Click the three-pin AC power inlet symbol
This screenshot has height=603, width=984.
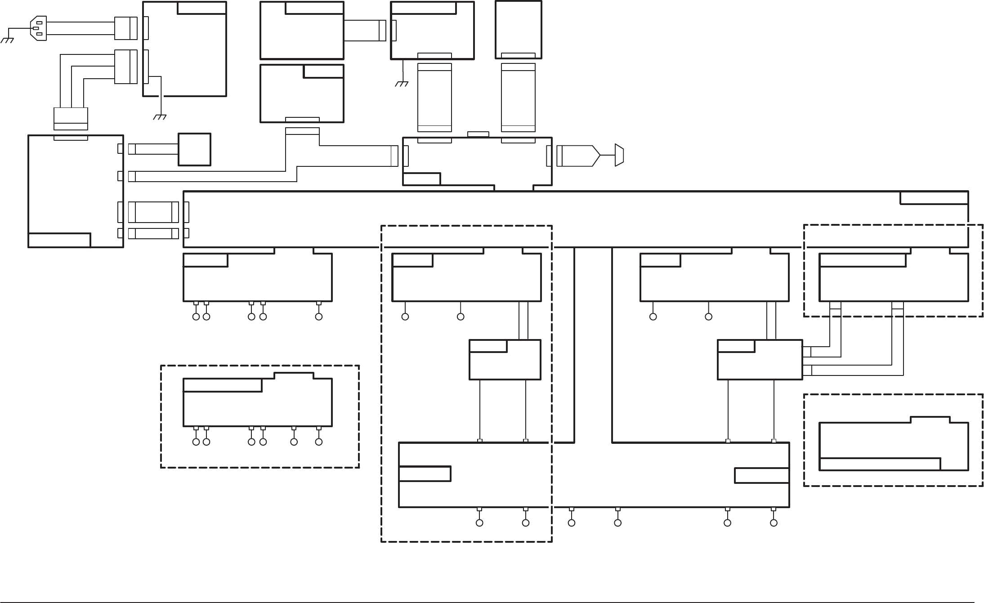click(x=38, y=28)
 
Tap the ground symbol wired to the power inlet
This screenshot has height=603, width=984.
click(x=8, y=40)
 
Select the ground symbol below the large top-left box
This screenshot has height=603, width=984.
click(x=160, y=117)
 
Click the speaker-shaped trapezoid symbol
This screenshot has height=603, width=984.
click(x=619, y=156)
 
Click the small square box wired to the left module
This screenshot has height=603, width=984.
click(x=194, y=149)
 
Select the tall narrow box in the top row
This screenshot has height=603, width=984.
click(x=518, y=30)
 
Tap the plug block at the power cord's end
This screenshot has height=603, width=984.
click(x=125, y=28)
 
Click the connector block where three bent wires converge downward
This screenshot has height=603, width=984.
click(x=71, y=119)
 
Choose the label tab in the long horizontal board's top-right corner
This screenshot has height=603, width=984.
click(x=934, y=197)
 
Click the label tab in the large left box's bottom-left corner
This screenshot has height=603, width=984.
click(x=59, y=240)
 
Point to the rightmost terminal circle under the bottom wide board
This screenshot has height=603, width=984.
click(x=774, y=523)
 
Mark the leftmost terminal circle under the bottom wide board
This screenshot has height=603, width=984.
click(x=479, y=523)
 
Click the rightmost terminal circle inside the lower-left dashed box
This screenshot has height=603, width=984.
click(x=319, y=442)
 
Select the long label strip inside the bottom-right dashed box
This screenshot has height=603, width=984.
click(x=880, y=464)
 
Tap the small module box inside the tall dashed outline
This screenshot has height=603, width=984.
click(x=505, y=360)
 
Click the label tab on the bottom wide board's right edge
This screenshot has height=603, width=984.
click(x=762, y=475)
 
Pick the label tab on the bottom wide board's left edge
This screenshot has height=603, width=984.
click(x=425, y=474)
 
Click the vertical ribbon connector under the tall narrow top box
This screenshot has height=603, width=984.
click(x=518, y=98)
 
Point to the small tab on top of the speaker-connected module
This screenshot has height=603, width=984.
click(x=478, y=134)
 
